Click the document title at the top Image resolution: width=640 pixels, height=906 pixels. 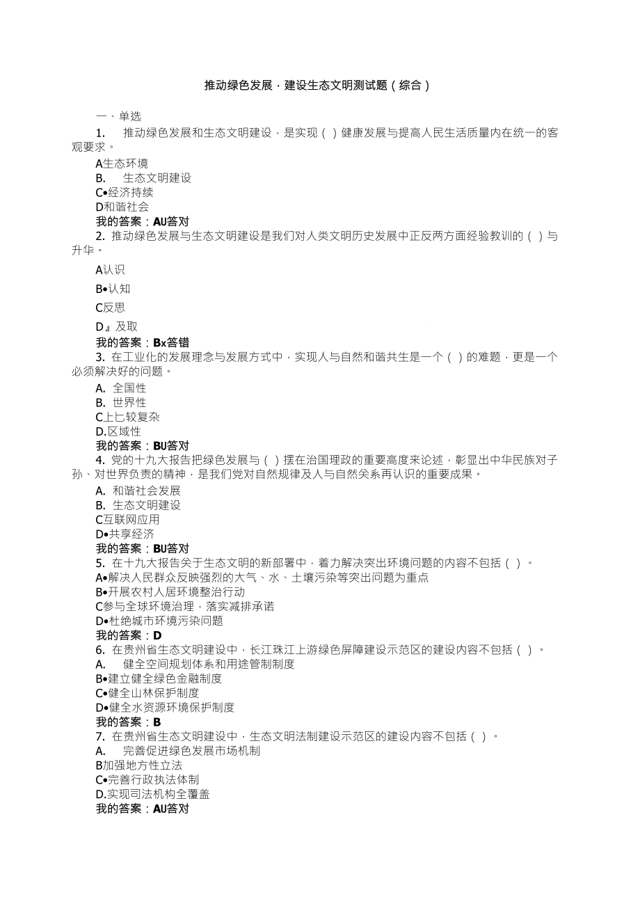pos(317,86)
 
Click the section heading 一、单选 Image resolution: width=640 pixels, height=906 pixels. pos(118,117)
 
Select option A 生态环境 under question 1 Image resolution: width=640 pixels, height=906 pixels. pos(122,164)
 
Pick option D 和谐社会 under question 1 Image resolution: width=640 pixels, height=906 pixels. pos(122,207)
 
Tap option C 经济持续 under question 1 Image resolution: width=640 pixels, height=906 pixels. pos(125,192)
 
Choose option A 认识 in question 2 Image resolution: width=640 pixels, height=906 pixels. pos(111,269)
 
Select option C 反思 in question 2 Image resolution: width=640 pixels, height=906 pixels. pos(111,307)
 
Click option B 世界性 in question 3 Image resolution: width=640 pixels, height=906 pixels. pos(121,402)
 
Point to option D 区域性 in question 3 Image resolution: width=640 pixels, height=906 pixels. pos(118,431)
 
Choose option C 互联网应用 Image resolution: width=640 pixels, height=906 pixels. pos(127,519)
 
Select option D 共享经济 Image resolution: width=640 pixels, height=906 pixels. pos(125,534)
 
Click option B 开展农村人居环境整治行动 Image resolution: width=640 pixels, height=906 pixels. pos(170,591)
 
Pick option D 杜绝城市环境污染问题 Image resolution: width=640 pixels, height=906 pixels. pos(159,621)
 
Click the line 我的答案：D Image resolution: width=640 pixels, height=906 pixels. pos(129,635)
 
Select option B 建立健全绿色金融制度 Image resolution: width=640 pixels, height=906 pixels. pos(159,678)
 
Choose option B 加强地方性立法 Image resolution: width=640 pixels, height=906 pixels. pos(139,765)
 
